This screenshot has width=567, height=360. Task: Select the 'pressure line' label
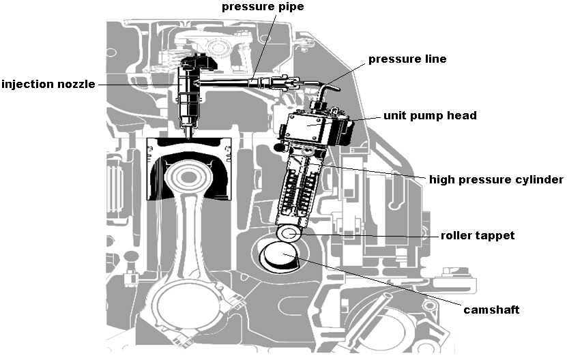click(x=407, y=59)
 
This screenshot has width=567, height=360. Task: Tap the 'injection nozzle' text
click(x=48, y=85)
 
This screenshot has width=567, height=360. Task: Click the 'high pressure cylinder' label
click(x=495, y=180)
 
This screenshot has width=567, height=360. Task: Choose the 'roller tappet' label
click(x=477, y=235)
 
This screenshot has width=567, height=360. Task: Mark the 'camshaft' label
click(x=491, y=310)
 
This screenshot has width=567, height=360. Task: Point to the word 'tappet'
click(x=496, y=235)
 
